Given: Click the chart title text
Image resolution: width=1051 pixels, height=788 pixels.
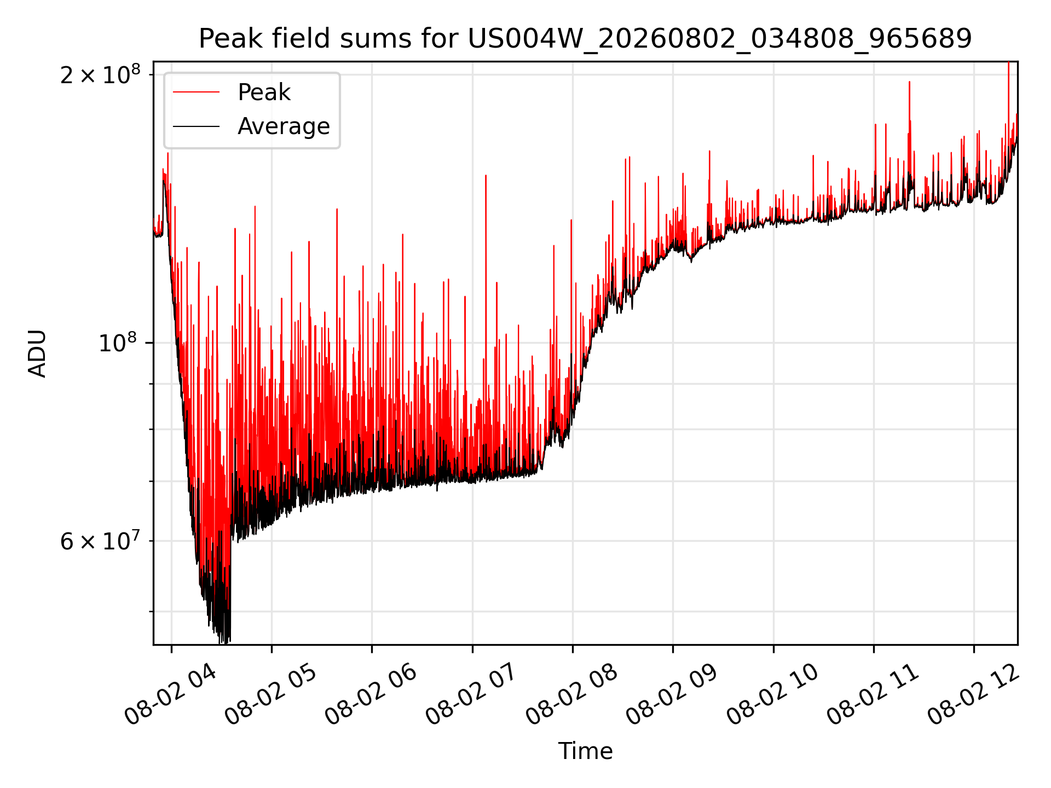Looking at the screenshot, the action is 585,39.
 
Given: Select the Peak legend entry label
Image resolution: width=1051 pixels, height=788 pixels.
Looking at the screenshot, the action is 264,92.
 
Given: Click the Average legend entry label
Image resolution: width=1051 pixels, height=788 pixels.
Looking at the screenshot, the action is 284,126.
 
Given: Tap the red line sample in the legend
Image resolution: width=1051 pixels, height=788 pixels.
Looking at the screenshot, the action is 197,92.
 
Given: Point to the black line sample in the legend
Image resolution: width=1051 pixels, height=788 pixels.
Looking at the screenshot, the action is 197,126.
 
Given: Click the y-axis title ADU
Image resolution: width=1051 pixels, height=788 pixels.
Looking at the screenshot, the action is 37,354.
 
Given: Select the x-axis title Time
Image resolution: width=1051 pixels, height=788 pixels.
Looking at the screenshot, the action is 585,751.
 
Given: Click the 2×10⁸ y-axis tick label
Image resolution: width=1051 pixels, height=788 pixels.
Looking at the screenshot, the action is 100,74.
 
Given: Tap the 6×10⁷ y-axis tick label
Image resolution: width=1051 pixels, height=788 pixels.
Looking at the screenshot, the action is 100,541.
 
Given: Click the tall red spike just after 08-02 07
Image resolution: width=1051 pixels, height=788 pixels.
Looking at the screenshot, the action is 486,274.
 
